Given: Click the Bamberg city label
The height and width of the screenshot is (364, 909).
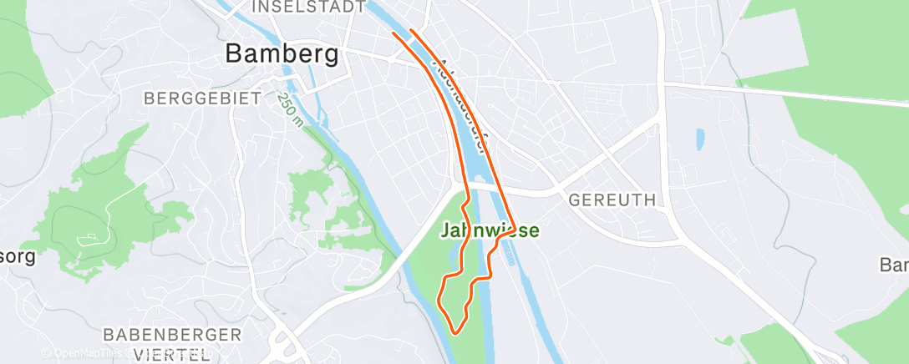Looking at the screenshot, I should pyautogui.click(x=282, y=54).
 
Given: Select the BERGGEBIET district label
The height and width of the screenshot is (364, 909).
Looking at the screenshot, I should pyautogui.click(x=202, y=98).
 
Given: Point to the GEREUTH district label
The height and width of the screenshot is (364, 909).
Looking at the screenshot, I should pyautogui.click(x=612, y=200).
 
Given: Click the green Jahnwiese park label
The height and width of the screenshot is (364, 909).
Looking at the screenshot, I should pyautogui.click(x=490, y=230).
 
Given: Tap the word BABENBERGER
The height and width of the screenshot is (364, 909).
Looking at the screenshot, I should pyautogui.click(x=172, y=335).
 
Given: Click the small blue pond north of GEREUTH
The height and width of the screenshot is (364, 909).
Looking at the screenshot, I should pyautogui.click(x=699, y=139).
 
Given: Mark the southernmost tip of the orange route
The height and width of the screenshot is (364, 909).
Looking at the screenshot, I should pyautogui.click(x=456, y=332).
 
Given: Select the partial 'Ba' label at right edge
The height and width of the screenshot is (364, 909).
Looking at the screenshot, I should pyautogui.click(x=894, y=265).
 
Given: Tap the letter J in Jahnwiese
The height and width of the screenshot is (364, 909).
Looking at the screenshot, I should pyautogui.click(x=446, y=230).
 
